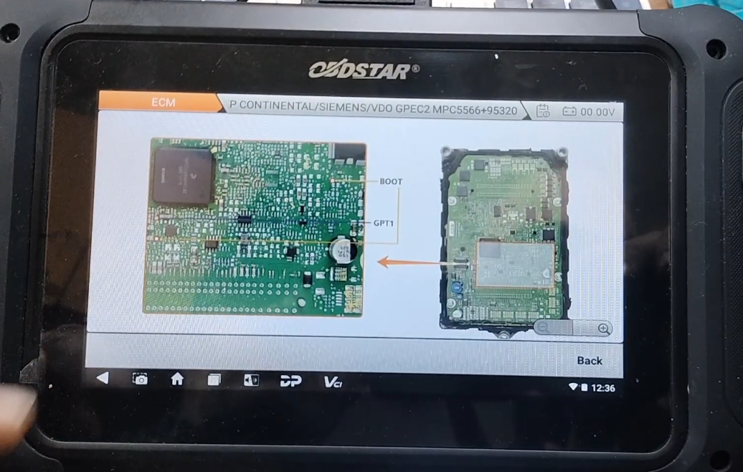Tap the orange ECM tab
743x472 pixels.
pos(162,103)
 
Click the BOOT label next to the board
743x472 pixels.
pos(391,181)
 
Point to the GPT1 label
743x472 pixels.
pos(384,223)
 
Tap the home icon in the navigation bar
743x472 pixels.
pos(177,379)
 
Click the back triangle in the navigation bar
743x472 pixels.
pos(103,378)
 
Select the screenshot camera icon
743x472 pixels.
pos(141,379)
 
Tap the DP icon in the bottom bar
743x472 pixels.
pos(290,381)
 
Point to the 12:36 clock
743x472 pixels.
pos(602,388)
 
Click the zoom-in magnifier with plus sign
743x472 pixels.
pos(604,329)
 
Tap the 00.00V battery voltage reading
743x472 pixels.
pos(597,112)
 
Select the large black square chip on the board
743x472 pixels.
pos(183,175)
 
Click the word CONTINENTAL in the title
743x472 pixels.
pos(277,105)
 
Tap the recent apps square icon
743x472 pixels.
pos(214,380)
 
